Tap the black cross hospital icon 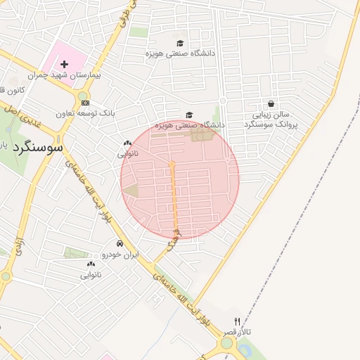tap(65, 64)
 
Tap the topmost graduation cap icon tap(180, 43)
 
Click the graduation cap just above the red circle tap(188, 115)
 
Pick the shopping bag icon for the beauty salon tap(271, 103)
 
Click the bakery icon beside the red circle tap(127, 143)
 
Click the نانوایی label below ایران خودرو tap(91, 274)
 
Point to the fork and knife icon tap(237, 321)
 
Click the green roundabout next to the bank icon tap(84, 96)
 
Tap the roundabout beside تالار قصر tap(227, 345)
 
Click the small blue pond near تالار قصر tap(245, 349)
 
